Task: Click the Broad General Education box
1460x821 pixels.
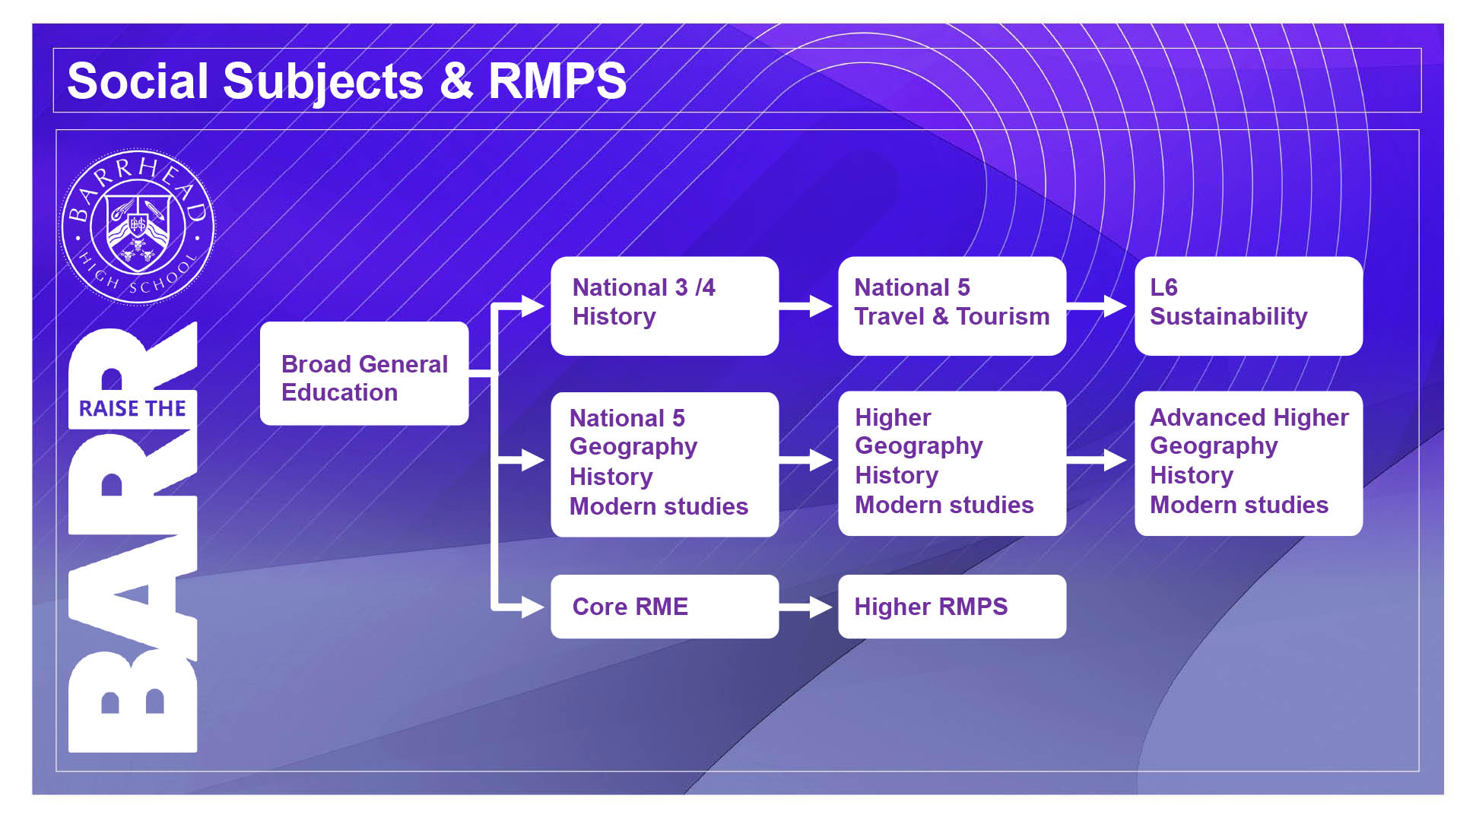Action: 364,373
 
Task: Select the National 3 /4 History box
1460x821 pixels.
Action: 665,306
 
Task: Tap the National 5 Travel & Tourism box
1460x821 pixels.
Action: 952,306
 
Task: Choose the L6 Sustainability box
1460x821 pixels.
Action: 1249,306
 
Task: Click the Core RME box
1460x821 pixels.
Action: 665,606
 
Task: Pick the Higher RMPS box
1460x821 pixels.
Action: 952,606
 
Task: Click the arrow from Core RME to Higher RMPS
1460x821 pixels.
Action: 806,607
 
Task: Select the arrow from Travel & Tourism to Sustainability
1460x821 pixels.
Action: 1097,306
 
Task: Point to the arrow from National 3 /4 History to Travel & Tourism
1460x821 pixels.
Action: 806,306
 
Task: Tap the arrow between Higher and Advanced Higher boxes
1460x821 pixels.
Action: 1097,460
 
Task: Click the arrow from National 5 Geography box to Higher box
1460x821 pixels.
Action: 806,460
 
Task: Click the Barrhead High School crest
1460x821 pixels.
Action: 138,227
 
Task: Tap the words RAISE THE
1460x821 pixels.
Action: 132,408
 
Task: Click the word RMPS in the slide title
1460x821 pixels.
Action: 557,81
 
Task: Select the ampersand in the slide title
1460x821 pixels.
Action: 456,81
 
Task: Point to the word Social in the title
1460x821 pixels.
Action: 138,81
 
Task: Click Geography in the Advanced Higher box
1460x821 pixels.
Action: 1214,446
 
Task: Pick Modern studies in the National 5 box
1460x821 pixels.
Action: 659,506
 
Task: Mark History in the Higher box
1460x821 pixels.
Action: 897,475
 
